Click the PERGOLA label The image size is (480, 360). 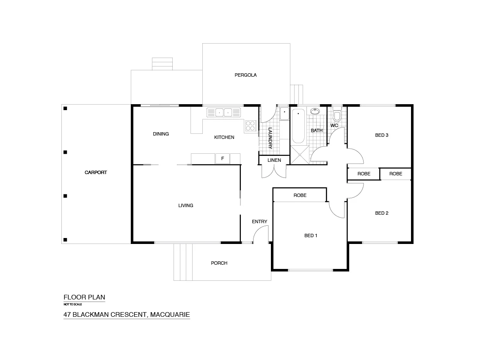(246, 75)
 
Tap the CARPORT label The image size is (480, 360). (96, 172)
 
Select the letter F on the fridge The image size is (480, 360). (223, 159)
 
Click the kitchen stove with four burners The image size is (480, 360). (250, 125)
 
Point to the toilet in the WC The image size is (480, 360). (337, 116)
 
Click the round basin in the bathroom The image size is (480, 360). (315, 112)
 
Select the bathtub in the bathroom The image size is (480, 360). (298, 126)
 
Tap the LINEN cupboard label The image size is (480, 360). (274, 160)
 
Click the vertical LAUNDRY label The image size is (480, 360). (270, 138)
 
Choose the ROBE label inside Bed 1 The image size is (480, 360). (300, 195)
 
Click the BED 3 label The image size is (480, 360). (381, 135)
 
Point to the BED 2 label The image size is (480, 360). (381, 213)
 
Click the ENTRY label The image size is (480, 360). (259, 222)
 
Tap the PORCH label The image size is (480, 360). (219, 263)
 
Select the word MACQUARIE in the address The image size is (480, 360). (170, 315)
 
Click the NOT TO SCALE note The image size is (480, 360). (72, 304)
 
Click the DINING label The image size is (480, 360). (161, 134)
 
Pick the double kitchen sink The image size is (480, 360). (223, 113)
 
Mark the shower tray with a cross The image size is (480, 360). (300, 155)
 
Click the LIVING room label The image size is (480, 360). (185, 205)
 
